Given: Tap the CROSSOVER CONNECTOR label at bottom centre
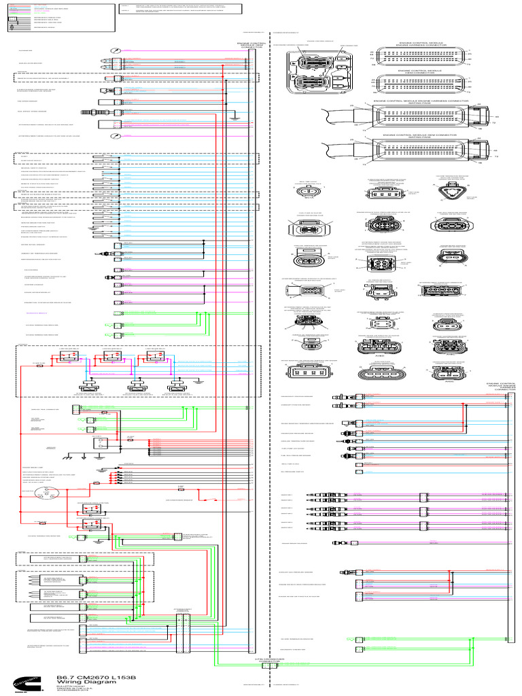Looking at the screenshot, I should pos(267,661).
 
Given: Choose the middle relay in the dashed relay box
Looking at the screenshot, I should pos(109,360).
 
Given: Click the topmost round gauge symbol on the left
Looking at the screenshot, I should pos(117,51).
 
